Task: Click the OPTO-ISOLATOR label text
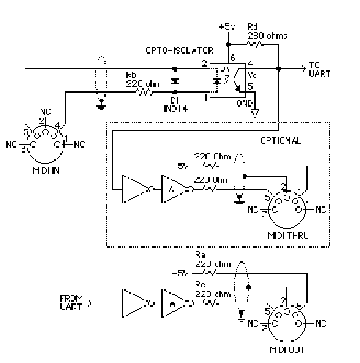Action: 179,50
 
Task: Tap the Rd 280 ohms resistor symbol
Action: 256,44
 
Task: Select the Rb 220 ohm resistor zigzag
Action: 144,92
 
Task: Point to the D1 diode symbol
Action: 175,81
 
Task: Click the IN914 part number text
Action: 176,109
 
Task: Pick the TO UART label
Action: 319,69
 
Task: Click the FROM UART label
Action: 71,302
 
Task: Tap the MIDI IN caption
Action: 46,170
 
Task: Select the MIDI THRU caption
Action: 288,235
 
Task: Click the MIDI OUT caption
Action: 287,349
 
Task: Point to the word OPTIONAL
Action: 280,141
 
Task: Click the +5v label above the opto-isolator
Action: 227,27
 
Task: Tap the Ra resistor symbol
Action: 210,274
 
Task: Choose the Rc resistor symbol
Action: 210,302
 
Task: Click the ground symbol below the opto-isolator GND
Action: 255,113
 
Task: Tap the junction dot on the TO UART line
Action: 278,69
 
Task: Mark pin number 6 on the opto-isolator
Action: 232,58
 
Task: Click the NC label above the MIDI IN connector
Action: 45,112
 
